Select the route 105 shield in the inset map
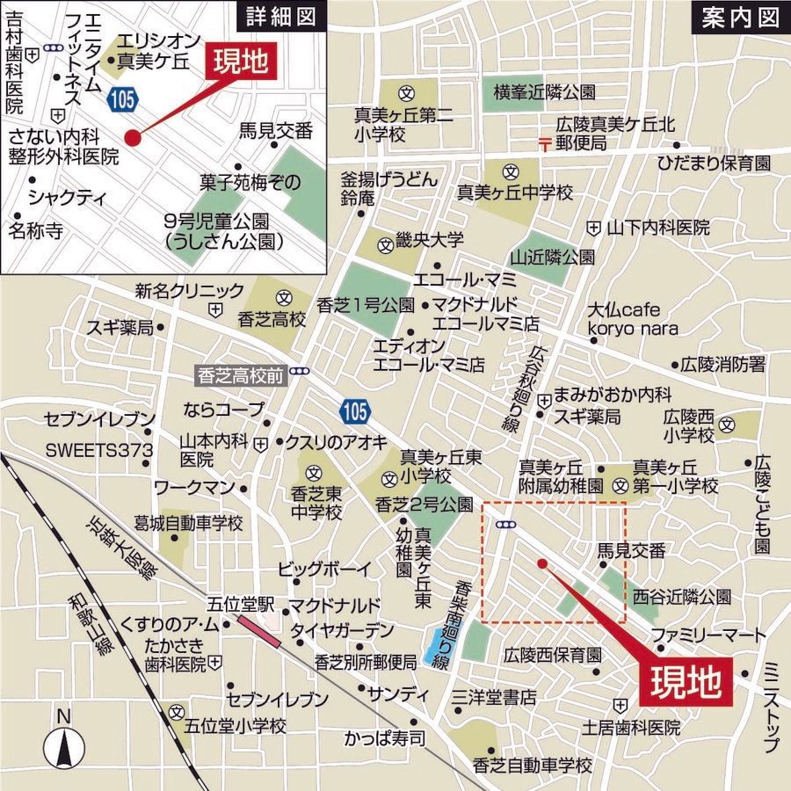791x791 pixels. point(123,100)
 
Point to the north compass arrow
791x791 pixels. point(63,745)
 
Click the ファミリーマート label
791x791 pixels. point(703,635)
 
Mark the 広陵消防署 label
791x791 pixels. point(728,363)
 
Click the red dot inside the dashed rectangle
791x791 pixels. point(541,563)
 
